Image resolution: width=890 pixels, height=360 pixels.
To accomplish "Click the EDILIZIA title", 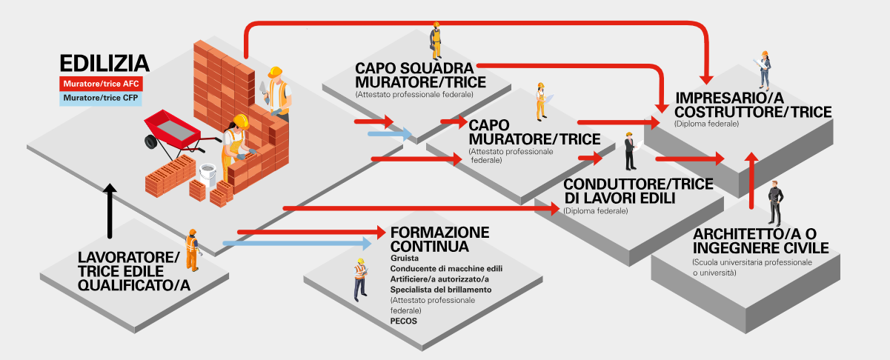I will (104, 63).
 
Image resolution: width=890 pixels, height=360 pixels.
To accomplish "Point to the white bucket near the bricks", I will (207, 175).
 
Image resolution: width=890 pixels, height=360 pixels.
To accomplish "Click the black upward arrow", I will (109, 210).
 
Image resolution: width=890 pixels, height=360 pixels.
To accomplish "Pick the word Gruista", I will (405, 257).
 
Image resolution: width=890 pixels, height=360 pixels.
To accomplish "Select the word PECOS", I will (403, 321).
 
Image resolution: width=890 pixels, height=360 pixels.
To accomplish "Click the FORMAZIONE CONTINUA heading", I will (439, 239).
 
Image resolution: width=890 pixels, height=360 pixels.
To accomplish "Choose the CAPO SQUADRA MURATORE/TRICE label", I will (420, 75).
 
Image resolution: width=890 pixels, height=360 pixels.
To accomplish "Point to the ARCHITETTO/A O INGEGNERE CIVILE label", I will (761, 241).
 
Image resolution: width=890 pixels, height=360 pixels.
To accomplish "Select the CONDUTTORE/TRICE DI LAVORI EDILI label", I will (638, 190).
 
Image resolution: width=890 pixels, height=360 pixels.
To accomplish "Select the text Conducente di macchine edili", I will (446, 268).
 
